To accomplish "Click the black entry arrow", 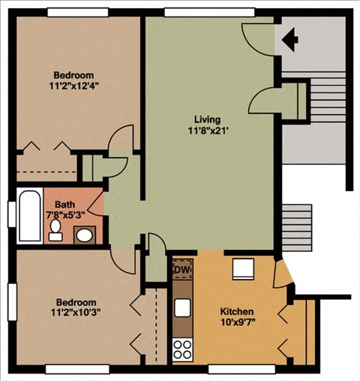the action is [x=290, y=40].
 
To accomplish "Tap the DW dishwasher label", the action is [x=182, y=270].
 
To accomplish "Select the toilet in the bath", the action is [x=55, y=230].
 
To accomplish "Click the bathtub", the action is [x=30, y=216].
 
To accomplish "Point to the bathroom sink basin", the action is [x=84, y=235].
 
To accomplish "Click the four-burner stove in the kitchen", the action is [x=183, y=349].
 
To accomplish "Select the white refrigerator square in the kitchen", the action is [x=244, y=269].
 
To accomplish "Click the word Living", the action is [x=208, y=119].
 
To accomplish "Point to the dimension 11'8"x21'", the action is [x=208, y=130].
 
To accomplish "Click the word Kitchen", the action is [x=237, y=311].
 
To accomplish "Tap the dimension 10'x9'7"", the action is [x=238, y=322].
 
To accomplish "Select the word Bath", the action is [x=64, y=205].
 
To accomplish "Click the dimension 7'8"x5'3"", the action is [x=66, y=215].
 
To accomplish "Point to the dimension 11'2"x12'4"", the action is [x=73, y=85].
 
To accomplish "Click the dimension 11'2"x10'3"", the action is [x=76, y=312].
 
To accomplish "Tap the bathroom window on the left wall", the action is [x=12, y=214].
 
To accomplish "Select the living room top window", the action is [x=209, y=13].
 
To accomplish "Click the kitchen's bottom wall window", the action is [x=241, y=369].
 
